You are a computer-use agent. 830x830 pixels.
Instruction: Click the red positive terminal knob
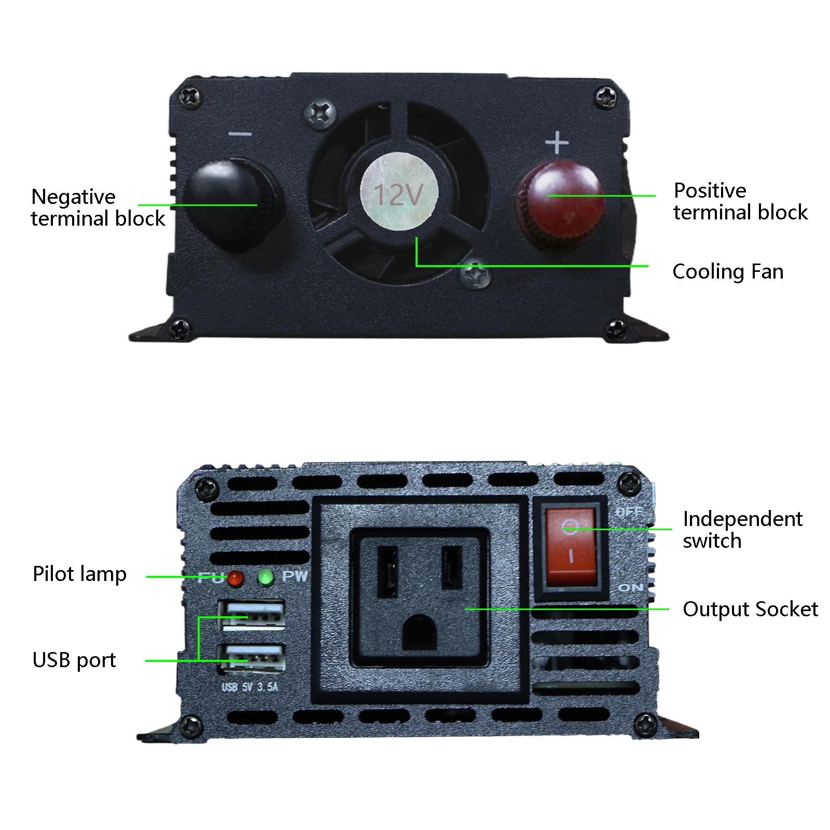coord(560,205)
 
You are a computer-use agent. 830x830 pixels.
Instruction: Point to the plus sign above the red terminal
coord(557,142)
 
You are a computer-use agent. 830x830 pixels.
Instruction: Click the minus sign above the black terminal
coord(240,134)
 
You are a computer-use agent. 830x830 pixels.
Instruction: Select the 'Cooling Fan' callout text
coord(727,271)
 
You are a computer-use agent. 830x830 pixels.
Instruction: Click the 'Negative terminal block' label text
coord(98,208)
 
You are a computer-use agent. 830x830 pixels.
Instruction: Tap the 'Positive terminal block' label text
coord(740,201)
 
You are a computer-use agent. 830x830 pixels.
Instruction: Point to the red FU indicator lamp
coord(235,578)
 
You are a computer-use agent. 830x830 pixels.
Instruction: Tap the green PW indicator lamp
coord(266,577)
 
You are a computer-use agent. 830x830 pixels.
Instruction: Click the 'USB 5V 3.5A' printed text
coord(250,687)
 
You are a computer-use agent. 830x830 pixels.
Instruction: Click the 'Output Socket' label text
coord(750,609)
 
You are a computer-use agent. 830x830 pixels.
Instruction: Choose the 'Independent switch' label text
coord(742,529)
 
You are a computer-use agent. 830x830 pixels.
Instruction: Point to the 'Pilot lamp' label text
coord(79,574)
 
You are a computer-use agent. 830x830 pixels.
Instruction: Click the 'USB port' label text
coord(74,660)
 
